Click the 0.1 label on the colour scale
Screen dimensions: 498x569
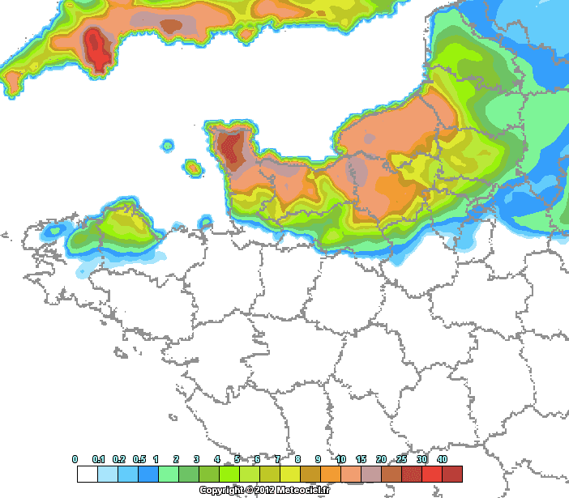tap(100, 459)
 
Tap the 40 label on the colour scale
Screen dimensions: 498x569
tap(442, 459)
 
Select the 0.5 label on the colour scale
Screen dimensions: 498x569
tap(139, 459)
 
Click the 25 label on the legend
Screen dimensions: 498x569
tap(401, 459)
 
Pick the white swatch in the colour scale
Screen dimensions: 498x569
tap(87, 474)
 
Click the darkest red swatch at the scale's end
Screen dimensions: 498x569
tap(451, 474)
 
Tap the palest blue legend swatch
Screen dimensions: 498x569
tap(107, 474)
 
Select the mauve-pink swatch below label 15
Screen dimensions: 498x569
tap(370, 474)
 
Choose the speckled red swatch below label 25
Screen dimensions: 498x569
tap(411, 474)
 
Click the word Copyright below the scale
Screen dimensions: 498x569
tap(221, 490)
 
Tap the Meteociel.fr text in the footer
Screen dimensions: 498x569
tap(305, 490)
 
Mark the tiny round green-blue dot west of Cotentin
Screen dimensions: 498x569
tap(168, 147)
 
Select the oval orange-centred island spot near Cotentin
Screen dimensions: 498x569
tap(193, 168)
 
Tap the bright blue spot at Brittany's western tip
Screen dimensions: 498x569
tap(53, 230)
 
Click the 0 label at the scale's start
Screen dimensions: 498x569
tap(75, 459)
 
